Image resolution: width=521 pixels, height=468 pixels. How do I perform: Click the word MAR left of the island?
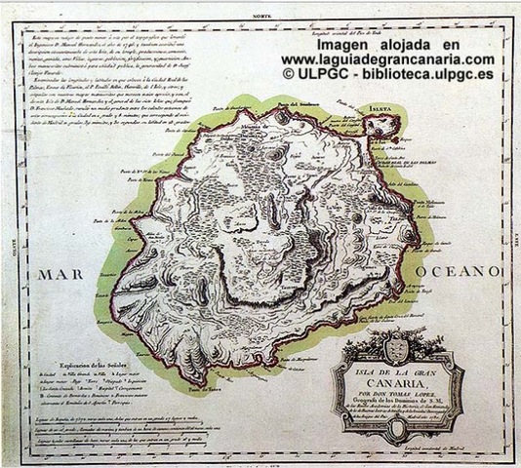[64, 275]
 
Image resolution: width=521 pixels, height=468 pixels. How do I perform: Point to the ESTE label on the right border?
[511, 234]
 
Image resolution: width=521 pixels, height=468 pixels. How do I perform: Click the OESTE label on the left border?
[12, 234]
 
